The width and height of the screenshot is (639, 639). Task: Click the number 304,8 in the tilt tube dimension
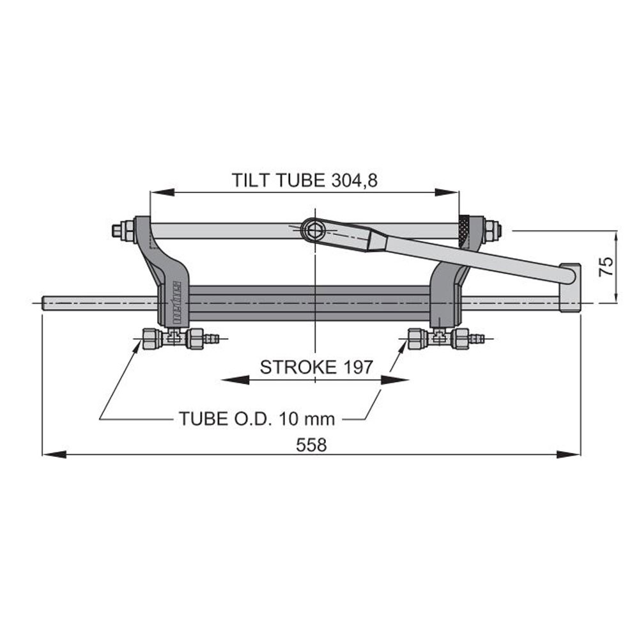(x=355, y=181)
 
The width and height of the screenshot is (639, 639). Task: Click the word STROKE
(x=298, y=367)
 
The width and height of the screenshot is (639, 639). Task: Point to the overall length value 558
(x=311, y=445)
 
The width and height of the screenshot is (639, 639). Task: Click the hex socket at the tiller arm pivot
(x=313, y=230)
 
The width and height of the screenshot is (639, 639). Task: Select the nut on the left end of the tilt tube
(x=118, y=230)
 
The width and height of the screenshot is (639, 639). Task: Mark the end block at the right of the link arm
(x=569, y=288)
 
